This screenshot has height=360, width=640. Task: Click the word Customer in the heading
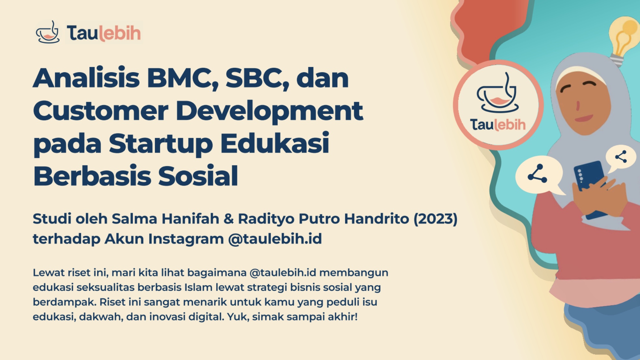coord(101,111)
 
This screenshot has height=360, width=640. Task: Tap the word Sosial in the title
coord(198,176)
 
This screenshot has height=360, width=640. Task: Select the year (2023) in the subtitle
coord(436,219)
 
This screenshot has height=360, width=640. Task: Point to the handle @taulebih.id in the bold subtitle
coord(275,239)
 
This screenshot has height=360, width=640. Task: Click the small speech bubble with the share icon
coord(620,159)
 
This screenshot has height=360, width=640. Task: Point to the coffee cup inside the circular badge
coord(497,93)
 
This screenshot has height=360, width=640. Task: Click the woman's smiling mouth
coord(584,118)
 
